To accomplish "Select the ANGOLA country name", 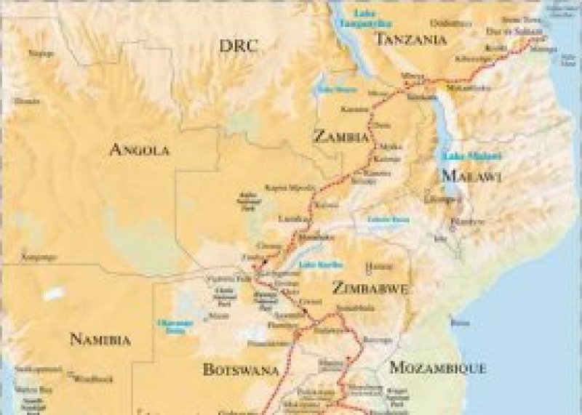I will point(139,150).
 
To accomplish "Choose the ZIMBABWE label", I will point(369,288).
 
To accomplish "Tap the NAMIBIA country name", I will point(100,339).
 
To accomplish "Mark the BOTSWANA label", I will point(241,369).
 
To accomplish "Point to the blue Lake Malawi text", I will point(463,156).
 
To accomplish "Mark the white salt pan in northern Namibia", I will point(52,294).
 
